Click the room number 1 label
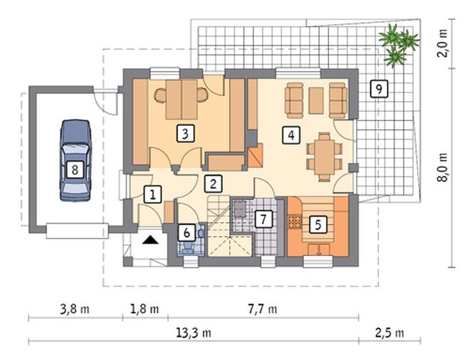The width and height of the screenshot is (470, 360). click(153, 195)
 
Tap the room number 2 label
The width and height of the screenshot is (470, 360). click(213, 184)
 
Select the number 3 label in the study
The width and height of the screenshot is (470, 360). click(185, 134)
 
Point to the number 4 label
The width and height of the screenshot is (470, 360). click(291, 135)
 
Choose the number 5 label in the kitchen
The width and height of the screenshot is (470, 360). click(318, 224)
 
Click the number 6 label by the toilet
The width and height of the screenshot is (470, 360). click(187, 233)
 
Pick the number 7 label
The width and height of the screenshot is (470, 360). click(263, 219)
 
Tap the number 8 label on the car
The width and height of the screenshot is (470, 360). click(75, 169)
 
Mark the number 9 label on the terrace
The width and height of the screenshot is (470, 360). click(379, 89)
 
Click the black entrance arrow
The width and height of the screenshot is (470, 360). click(150, 240)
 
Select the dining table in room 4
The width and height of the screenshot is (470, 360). click(324, 157)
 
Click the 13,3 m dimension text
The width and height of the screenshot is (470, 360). click(194, 332)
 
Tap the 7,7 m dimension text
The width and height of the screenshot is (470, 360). click(263, 309)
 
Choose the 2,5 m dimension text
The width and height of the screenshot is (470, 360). click(390, 332)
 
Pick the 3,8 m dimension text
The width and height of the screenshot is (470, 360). click(75, 309)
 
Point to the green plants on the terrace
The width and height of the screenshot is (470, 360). click(399, 45)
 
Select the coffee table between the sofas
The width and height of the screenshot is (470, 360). click(316, 100)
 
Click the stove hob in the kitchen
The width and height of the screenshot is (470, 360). click(294, 222)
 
